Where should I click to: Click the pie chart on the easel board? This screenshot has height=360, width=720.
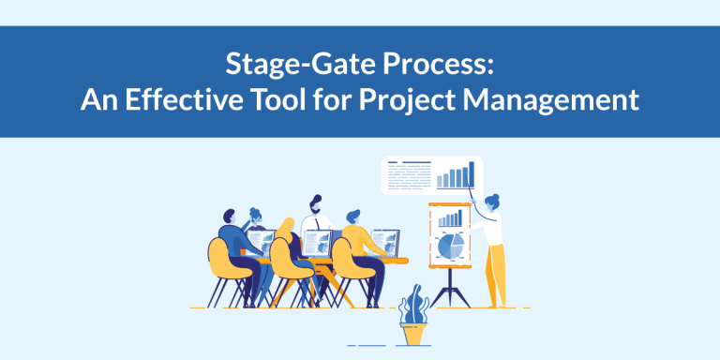(450, 246)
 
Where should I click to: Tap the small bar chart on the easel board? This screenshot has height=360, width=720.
(451, 218)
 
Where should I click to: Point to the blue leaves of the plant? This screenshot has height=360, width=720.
(412, 307)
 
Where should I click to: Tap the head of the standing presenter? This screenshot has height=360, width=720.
(493, 201)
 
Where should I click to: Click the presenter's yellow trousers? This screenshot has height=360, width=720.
(493, 272)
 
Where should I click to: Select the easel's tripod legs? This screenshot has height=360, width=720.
(450, 286)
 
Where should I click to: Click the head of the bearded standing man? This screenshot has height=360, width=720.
(317, 204)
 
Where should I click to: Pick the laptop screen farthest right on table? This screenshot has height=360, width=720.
(384, 242)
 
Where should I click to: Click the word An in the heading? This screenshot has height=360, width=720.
(97, 99)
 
